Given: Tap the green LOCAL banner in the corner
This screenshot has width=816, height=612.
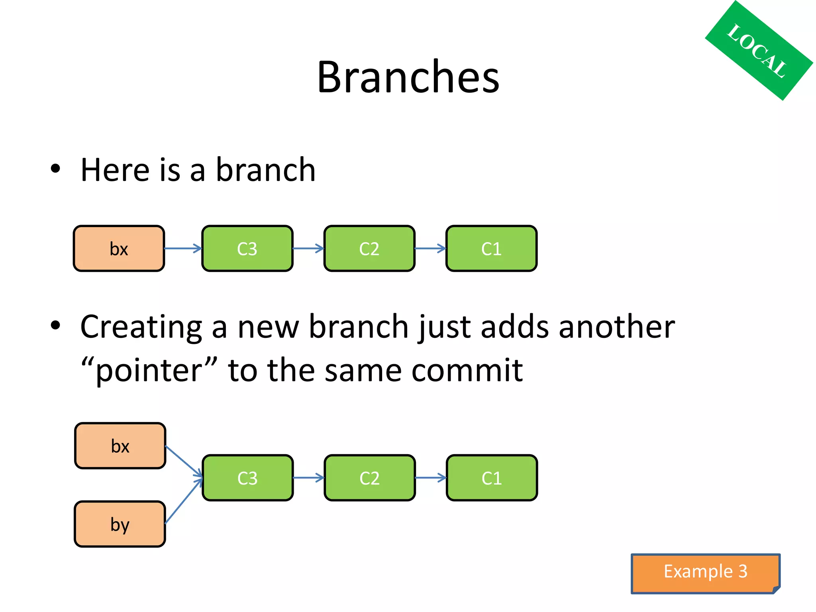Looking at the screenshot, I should pyautogui.click(x=758, y=51).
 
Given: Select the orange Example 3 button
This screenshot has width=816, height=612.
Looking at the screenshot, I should pyautogui.click(x=705, y=573).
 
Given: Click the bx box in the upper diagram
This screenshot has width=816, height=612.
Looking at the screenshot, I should pyautogui.click(x=119, y=249).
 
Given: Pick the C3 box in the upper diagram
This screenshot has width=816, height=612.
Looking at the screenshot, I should pyautogui.click(x=247, y=249).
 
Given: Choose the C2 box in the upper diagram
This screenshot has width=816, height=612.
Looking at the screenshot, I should pyautogui.click(x=369, y=249).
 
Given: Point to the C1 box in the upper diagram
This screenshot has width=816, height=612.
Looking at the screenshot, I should pyautogui.click(x=491, y=249).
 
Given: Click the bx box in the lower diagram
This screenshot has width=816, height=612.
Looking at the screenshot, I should pyautogui.click(x=120, y=446).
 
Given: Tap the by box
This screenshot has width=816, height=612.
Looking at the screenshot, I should pyautogui.click(x=120, y=524).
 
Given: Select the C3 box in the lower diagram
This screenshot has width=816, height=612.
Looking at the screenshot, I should pyautogui.click(x=247, y=478).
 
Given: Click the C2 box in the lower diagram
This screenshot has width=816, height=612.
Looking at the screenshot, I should pyautogui.click(x=370, y=478).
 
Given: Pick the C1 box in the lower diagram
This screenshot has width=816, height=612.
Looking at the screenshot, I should pyautogui.click(x=492, y=478).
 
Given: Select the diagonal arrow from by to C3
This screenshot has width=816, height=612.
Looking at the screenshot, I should pyautogui.click(x=183, y=501).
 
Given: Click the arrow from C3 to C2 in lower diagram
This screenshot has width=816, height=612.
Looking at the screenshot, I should pyautogui.click(x=308, y=478).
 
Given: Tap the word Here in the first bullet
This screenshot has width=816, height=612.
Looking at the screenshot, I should pyautogui.click(x=115, y=170).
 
